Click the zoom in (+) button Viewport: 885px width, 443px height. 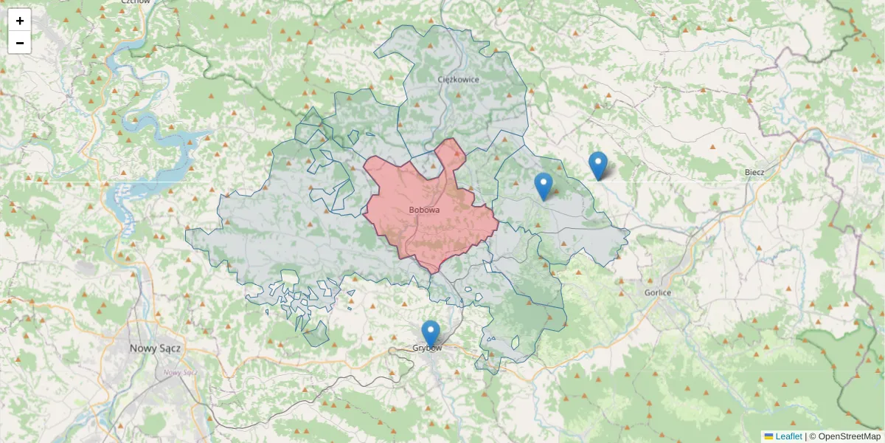(x=20, y=21)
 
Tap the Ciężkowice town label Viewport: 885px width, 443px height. (x=458, y=79)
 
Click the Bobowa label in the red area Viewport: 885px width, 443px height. (x=424, y=210)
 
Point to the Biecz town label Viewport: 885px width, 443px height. (x=754, y=172)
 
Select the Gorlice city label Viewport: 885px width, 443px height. (x=656, y=292)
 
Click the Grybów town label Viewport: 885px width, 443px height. (x=427, y=348)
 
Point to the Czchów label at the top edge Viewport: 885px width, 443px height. (x=136, y=2)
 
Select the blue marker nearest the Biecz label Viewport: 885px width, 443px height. (x=598, y=165)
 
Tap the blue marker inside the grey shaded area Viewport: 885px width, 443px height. (x=544, y=185)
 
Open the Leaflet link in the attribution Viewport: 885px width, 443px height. (x=788, y=436)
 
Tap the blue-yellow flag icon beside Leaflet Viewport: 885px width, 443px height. (x=768, y=436)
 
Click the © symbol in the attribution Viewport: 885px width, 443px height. (x=813, y=436)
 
